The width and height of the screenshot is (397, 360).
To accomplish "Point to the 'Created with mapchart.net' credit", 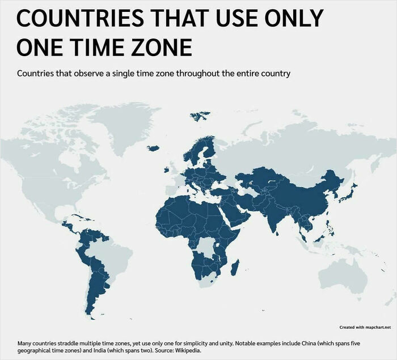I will (x=365, y=327).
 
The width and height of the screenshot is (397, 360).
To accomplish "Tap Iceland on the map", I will (x=153, y=149).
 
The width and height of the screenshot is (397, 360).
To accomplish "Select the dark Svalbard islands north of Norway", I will (x=198, y=117).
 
